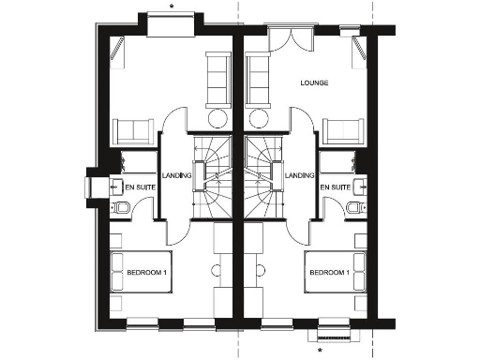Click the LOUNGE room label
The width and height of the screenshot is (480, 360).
(x=314, y=82)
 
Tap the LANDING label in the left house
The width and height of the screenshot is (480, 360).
(x=176, y=175)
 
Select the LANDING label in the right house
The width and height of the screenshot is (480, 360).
(x=300, y=175)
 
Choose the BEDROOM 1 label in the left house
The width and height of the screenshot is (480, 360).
(x=146, y=273)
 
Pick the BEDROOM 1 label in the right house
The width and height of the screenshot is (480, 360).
(x=330, y=273)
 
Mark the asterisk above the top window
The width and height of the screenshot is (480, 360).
(x=172, y=5)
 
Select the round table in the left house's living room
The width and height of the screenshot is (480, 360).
(x=217, y=118)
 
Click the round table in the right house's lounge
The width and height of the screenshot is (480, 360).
(x=261, y=118)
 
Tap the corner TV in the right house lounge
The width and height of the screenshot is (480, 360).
(x=360, y=52)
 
